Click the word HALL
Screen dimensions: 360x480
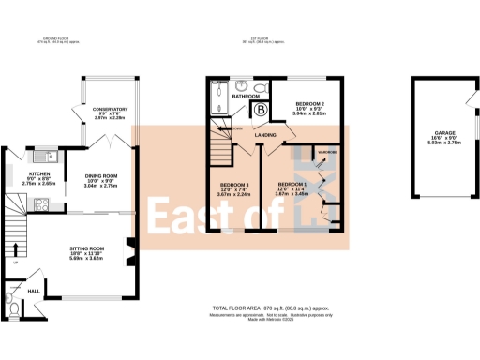(33, 292)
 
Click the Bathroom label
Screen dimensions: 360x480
(246, 97)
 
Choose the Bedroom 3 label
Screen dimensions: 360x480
(233, 187)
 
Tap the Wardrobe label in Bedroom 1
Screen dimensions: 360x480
(327, 151)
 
